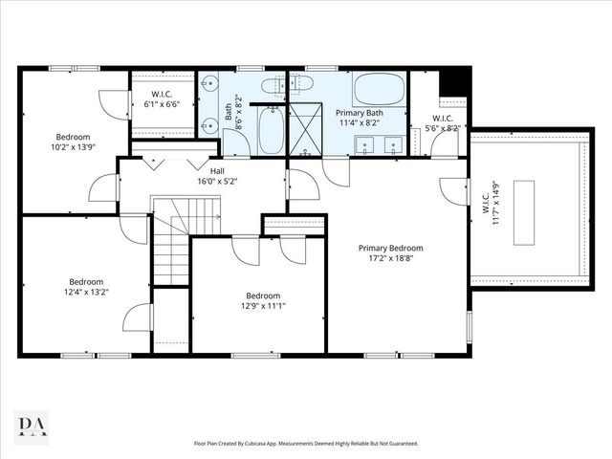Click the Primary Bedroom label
tap(390, 248)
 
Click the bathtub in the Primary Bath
tap(379, 91)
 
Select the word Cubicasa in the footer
tap(270, 444)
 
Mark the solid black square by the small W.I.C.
tap(456, 80)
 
